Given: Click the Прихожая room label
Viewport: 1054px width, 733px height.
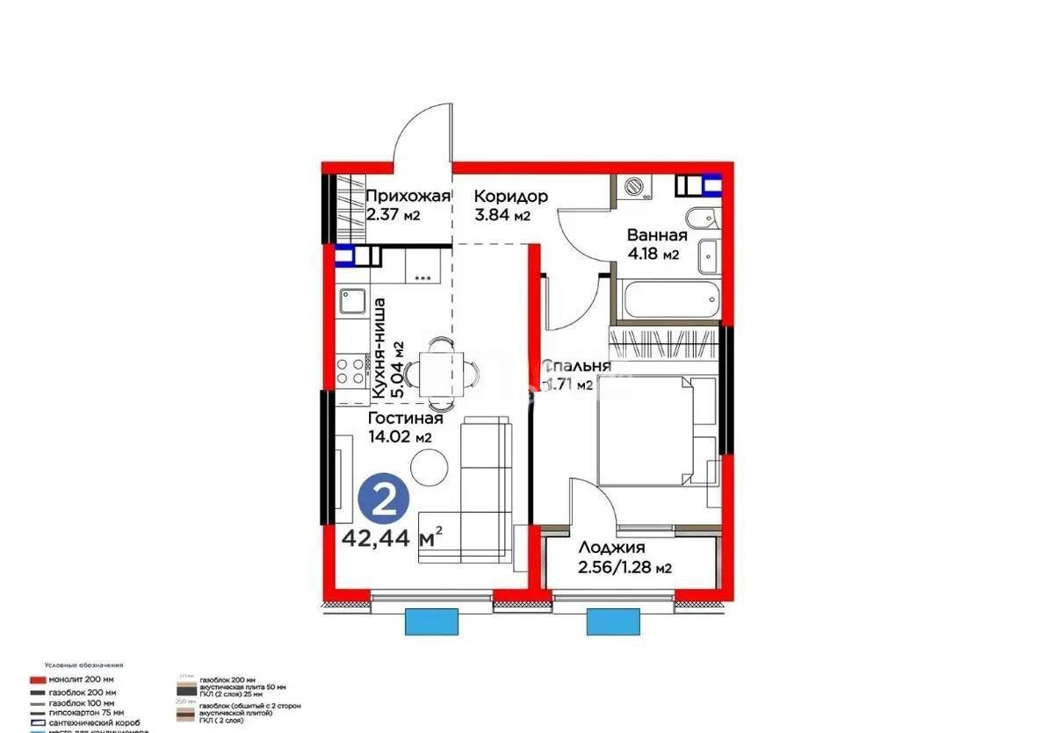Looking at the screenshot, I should pyautogui.click(x=408, y=197).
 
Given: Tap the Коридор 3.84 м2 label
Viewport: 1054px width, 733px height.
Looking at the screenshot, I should pyautogui.click(x=511, y=197).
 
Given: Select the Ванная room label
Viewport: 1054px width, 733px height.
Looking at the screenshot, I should pyautogui.click(x=656, y=235).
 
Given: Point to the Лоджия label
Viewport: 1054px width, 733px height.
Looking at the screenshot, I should pyautogui.click(x=611, y=548).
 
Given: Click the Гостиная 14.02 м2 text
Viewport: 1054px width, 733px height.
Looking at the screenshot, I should pyautogui.click(x=405, y=419).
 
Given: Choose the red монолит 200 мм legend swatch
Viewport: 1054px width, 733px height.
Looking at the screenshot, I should pyautogui.click(x=37, y=679).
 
